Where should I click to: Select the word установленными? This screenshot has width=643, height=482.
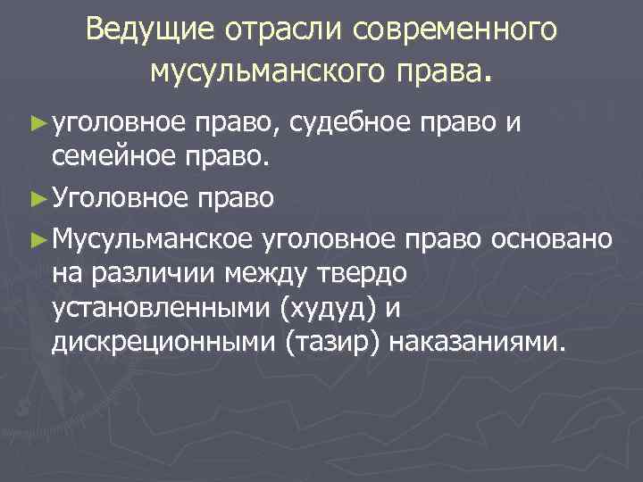click(162, 308)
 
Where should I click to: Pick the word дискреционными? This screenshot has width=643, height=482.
click(163, 345)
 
